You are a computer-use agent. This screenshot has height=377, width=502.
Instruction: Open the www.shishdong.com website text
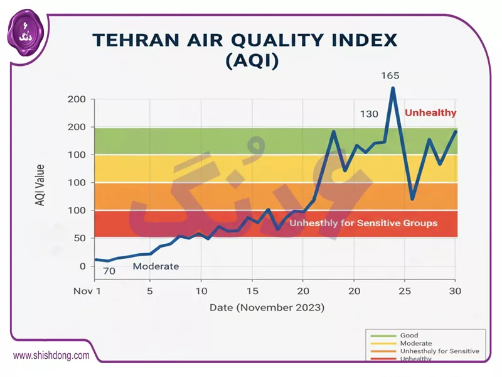tap(51, 355)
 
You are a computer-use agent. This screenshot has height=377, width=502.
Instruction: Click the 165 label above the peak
tap(390, 75)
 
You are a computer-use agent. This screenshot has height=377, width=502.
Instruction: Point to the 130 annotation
tap(369, 114)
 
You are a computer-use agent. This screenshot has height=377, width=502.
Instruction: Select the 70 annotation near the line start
tap(109, 271)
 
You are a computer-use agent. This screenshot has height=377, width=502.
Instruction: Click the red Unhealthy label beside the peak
tap(430, 113)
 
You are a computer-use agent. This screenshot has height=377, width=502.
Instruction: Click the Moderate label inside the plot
tap(156, 266)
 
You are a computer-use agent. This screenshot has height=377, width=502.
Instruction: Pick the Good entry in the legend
tap(409, 336)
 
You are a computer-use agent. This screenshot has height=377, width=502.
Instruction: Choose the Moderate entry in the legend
tap(415, 343)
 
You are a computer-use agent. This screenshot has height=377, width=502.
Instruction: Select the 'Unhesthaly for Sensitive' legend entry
tap(439, 351)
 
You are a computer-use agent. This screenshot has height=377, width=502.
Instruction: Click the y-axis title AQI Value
tap(40, 185)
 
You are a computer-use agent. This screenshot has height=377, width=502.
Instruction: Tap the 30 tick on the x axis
tap(455, 291)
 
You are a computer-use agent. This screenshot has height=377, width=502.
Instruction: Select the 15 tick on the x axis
tap(252, 291)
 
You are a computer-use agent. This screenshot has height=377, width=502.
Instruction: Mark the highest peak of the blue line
tap(393, 87)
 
